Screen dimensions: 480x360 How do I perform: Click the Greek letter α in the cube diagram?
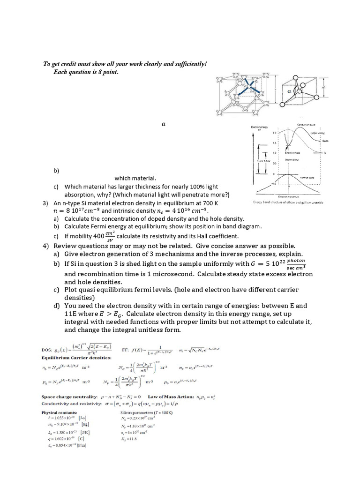291,92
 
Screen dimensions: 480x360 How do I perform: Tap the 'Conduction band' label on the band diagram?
306,124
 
